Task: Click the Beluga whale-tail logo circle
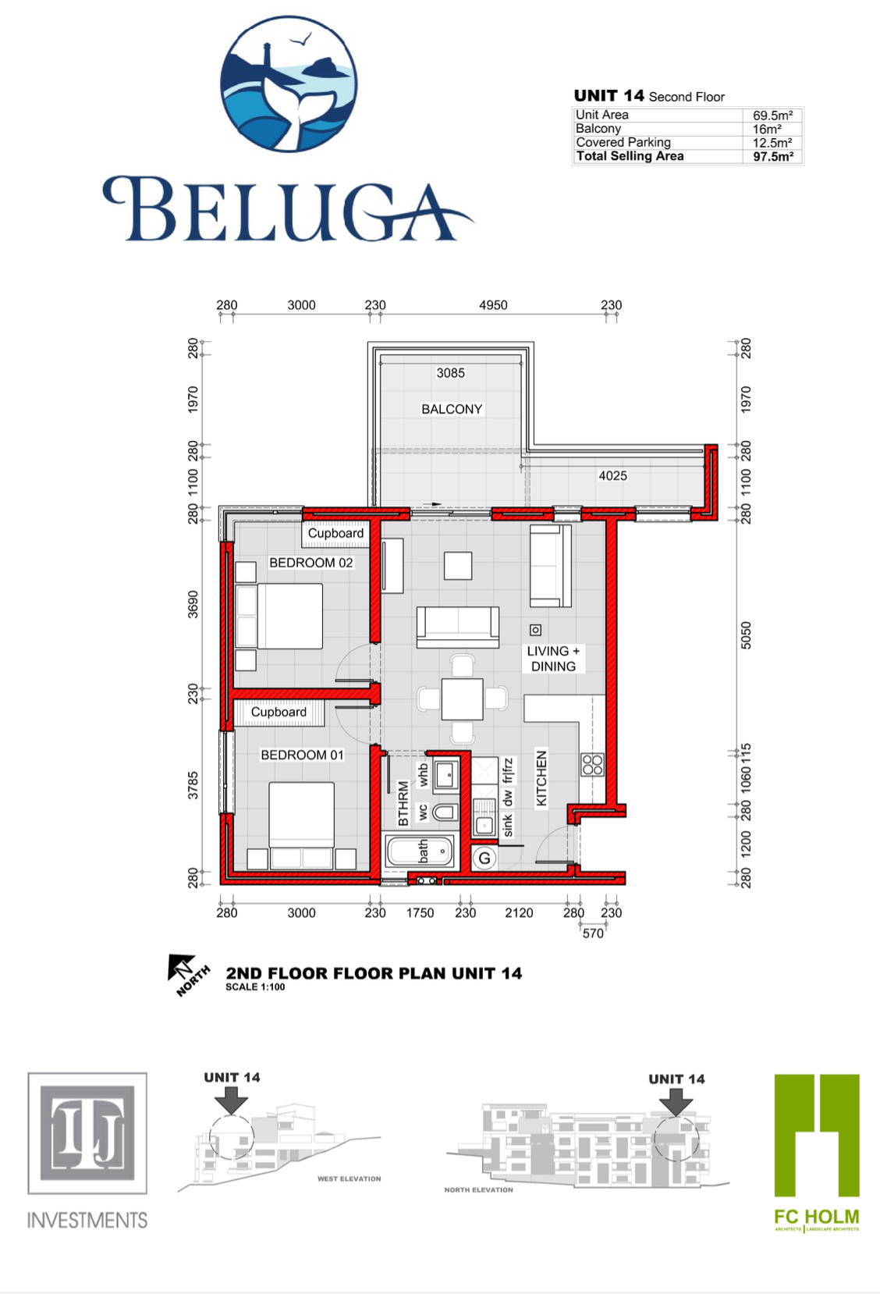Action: click(x=289, y=84)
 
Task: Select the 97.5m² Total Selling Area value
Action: click(x=772, y=157)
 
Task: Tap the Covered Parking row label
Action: click(x=623, y=142)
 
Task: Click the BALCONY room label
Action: click(x=452, y=409)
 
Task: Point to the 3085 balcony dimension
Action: click(x=450, y=373)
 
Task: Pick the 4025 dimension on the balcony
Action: click(x=612, y=475)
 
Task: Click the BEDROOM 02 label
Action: click(x=310, y=563)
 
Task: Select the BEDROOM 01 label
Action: click(x=302, y=755)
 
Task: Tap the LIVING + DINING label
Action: click(x=553, y=659)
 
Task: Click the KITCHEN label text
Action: click(x=541, y=778)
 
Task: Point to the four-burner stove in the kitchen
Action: click(x=592, y=764)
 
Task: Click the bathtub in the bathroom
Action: click(x=419, y=850)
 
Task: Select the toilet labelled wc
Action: click(x=444, y=812)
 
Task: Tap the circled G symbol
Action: click(x=484, y=859)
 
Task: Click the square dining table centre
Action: click(x=462, y=699)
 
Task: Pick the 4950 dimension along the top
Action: click(x=493, y=305)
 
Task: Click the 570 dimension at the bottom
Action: click(x=593, y=933)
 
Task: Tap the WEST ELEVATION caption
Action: click(x=349, y=1178)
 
